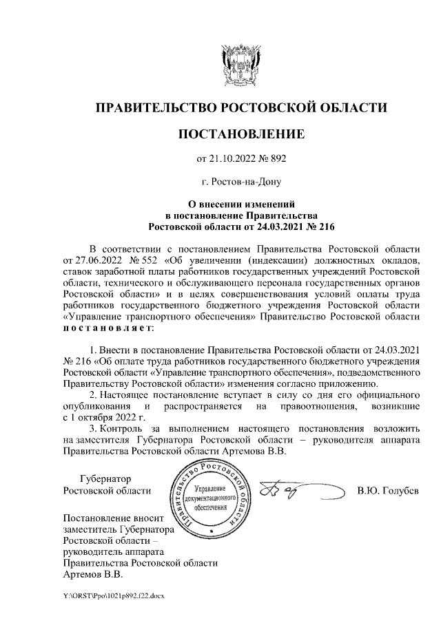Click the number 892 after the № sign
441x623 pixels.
tap(277, 158)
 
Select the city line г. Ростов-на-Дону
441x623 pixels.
tap(240, 182)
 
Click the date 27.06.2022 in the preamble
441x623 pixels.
tap(88, 260)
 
